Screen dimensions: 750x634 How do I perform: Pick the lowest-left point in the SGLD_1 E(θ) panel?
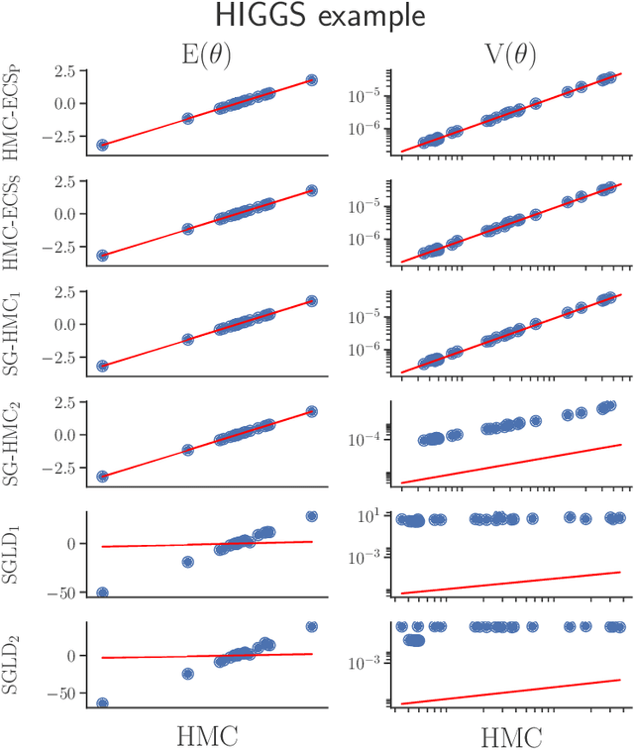click(x=102, y=592)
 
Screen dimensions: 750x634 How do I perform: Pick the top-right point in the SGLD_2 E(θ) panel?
click(x=311, y=626)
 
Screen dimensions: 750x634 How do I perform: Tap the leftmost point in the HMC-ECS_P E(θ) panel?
click(x=102, y=145)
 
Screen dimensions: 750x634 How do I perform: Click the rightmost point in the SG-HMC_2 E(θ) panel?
click(x=311, y=411)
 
